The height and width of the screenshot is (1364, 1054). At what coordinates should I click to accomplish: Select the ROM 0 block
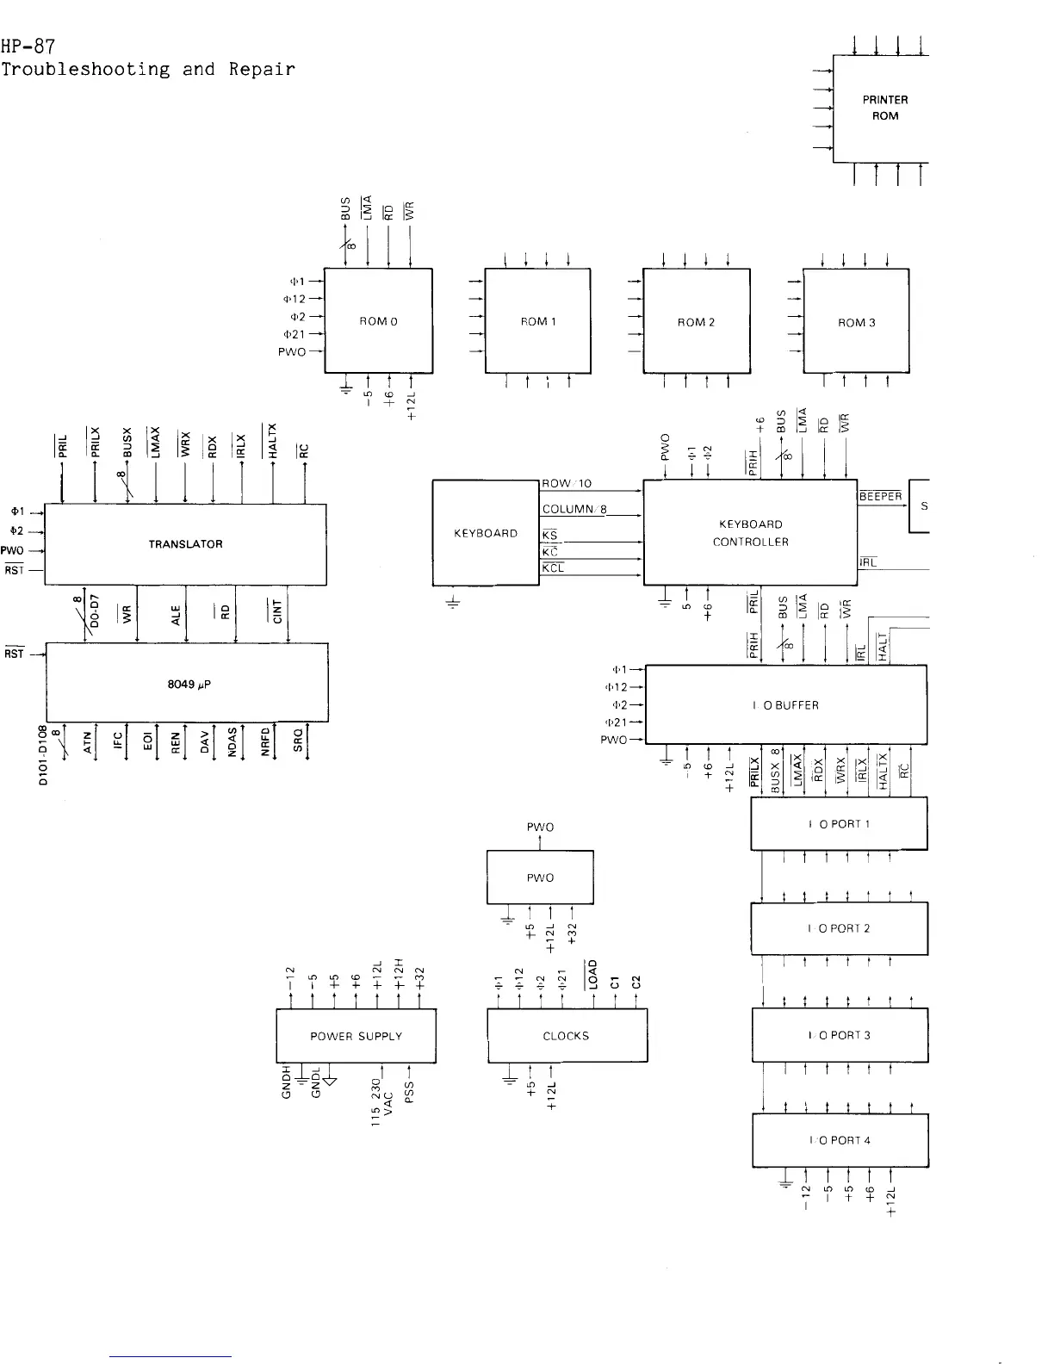378,321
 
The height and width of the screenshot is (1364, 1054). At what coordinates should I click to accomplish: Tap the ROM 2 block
696,322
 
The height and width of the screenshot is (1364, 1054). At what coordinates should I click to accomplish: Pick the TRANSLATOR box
185,544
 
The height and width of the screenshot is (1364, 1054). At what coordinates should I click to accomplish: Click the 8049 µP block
187,683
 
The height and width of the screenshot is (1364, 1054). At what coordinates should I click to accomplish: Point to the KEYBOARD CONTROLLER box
750,533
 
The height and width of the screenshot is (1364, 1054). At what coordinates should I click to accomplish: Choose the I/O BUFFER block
785,705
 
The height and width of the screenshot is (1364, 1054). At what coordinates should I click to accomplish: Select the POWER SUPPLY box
356,1036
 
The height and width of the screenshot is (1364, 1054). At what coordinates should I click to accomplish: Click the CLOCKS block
567,1036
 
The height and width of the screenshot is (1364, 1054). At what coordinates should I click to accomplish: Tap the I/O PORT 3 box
840,1034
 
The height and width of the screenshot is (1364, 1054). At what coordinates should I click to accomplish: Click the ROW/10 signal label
567,484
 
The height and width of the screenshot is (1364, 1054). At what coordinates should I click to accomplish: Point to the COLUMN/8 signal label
575,509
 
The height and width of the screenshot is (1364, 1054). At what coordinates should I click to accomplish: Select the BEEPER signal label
880,496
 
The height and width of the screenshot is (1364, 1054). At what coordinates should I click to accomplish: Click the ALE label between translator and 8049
177,616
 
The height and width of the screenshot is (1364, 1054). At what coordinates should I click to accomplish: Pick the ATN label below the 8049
87,741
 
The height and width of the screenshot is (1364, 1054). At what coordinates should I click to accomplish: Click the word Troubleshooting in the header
85,69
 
